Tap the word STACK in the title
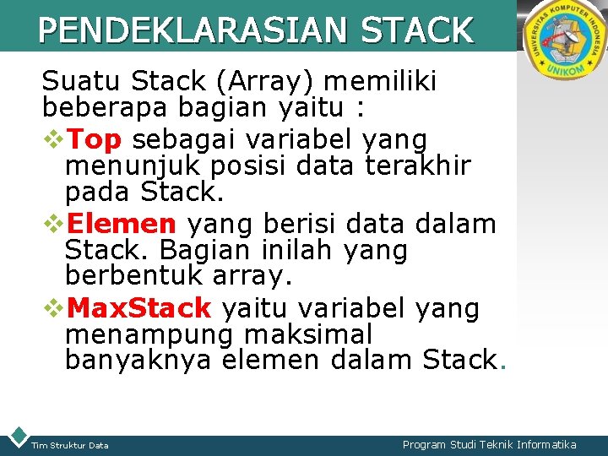416,31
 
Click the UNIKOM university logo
562,42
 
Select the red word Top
94,139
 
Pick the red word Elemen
121,224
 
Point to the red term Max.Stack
138,308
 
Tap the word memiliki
381,82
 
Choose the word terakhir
418,166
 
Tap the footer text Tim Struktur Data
69,445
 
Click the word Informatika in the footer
535,444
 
